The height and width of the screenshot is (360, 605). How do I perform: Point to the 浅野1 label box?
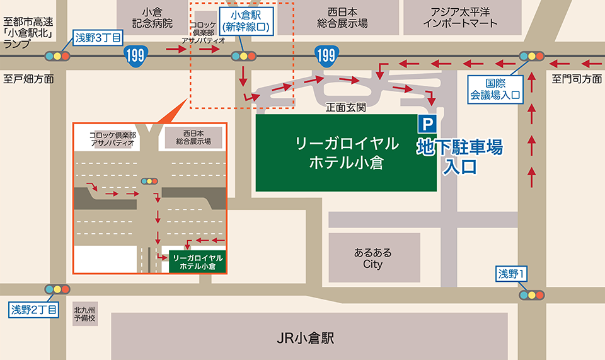512,274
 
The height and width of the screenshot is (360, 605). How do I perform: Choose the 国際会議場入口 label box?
495,89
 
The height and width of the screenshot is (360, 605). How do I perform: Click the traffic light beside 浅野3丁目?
57,55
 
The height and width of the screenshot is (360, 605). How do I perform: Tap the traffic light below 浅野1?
531,294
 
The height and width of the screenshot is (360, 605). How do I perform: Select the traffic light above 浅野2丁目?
57,289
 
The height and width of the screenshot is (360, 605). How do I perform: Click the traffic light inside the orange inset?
150,181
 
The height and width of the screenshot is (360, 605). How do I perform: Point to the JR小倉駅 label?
305,338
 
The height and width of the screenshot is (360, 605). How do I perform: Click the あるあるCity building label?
373,258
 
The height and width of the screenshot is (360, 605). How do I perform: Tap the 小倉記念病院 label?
153,18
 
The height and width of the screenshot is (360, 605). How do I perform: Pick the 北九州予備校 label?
84,313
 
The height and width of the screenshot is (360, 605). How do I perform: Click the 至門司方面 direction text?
577,79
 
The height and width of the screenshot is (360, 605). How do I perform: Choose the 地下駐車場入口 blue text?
460,158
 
